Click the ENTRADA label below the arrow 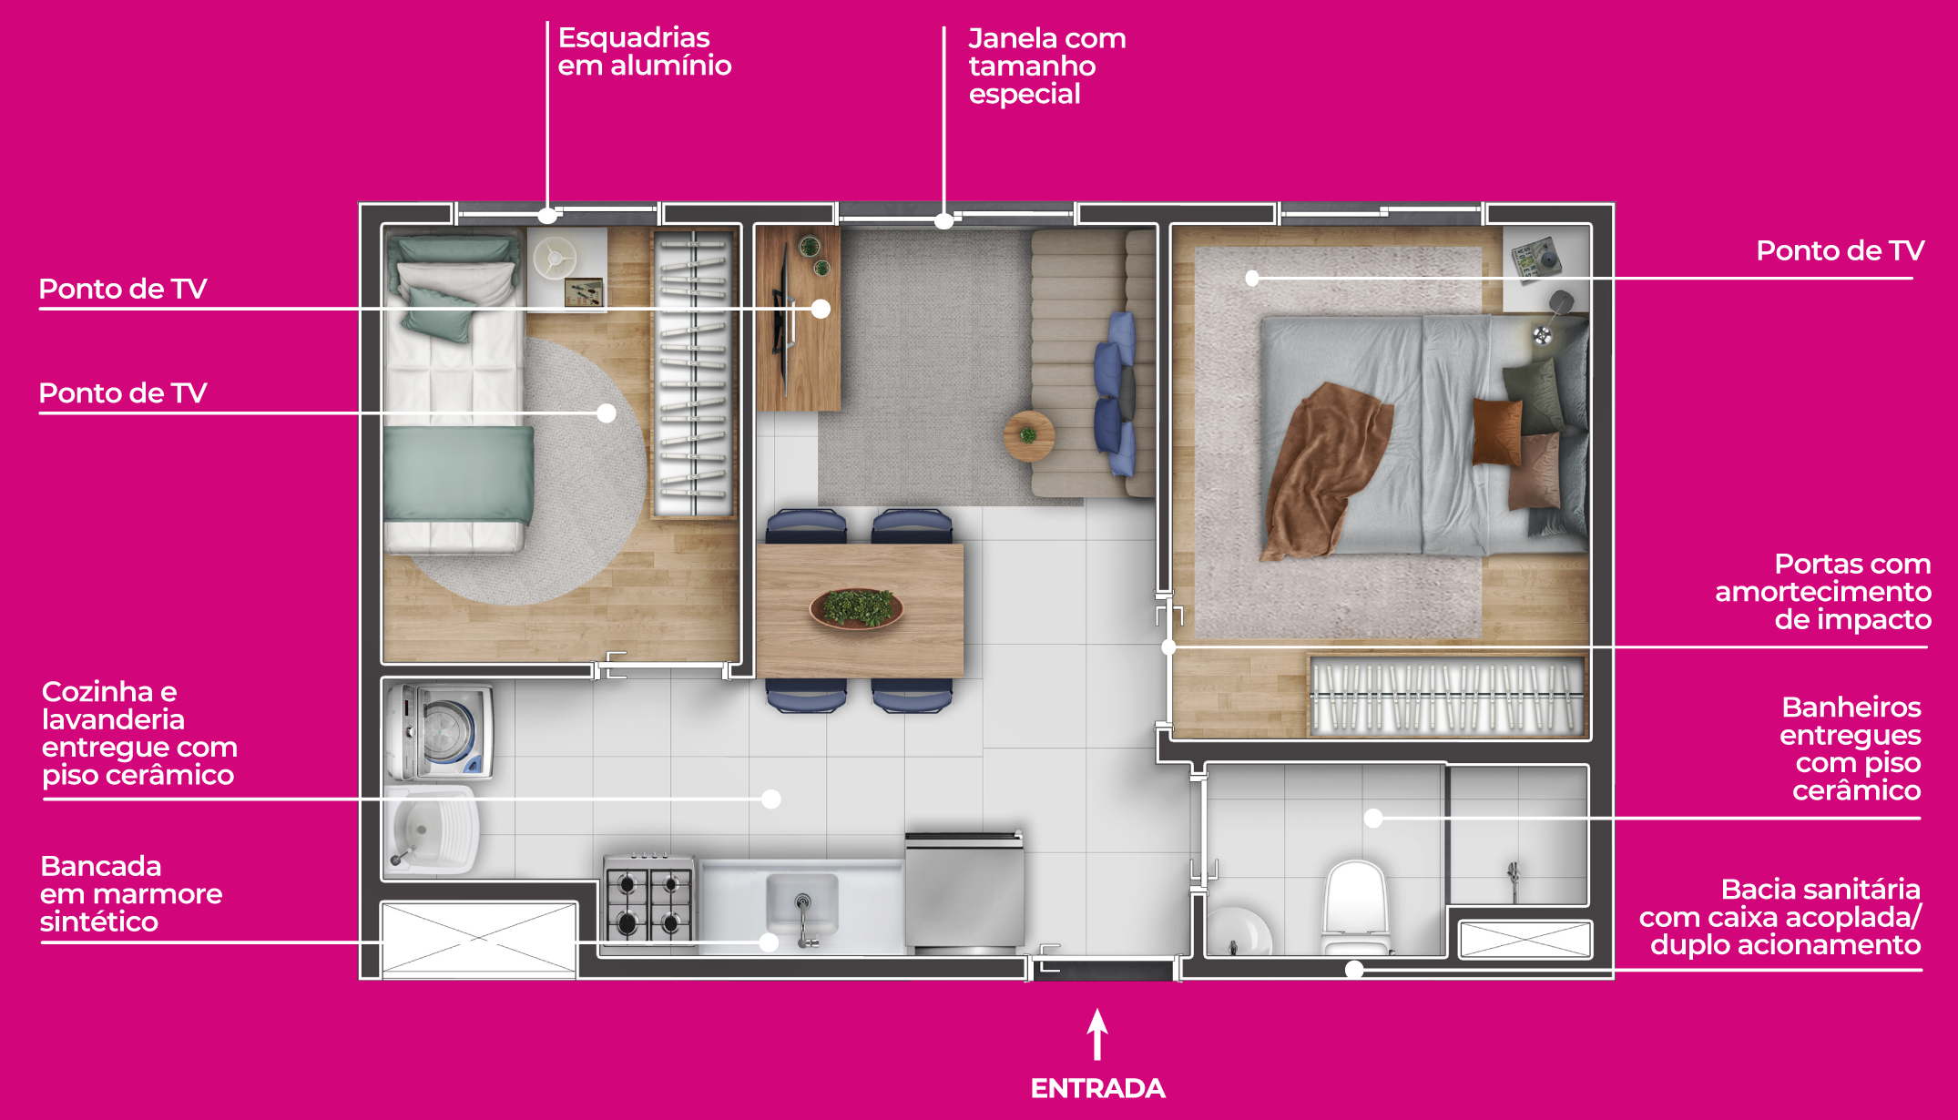pos(1097,1088)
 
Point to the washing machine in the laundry pos(440,732)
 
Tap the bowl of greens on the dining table pos(856,608)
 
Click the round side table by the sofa pos(1029,436)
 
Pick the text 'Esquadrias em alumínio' pos(645,52)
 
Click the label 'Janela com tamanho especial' pos(1047,66)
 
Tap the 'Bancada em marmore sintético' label pos(131,893)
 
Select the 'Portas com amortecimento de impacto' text pos(1823,592)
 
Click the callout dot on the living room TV pos(821,309)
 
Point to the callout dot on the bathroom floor pos(1373,818)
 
